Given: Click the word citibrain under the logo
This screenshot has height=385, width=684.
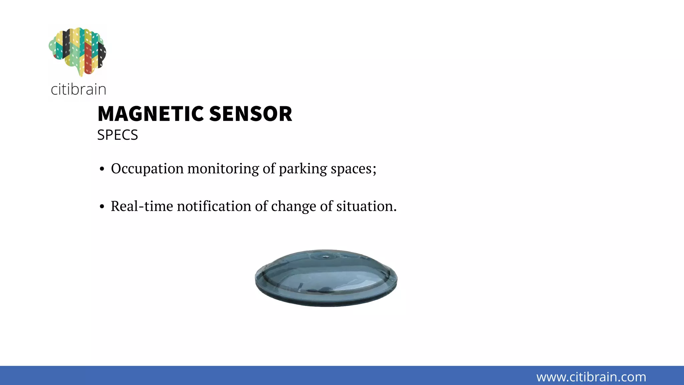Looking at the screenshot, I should pos(78,90).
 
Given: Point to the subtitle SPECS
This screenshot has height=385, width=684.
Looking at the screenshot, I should pos(117,135).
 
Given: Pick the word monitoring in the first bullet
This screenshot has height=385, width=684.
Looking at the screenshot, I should pos(223,168).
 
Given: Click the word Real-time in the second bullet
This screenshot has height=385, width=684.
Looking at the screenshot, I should pos(142,206).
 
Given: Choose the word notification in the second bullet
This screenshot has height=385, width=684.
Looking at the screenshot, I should pos(214,206).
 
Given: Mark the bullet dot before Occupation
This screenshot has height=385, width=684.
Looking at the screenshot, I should pos(102,169).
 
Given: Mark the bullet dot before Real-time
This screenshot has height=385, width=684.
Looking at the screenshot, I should pos(102,207).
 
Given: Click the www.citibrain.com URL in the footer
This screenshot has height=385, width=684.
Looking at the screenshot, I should pos(591,377).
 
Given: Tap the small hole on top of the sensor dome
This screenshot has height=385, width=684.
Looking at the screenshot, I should pos(325,257).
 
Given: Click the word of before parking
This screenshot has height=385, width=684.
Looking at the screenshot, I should pos(269,168).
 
